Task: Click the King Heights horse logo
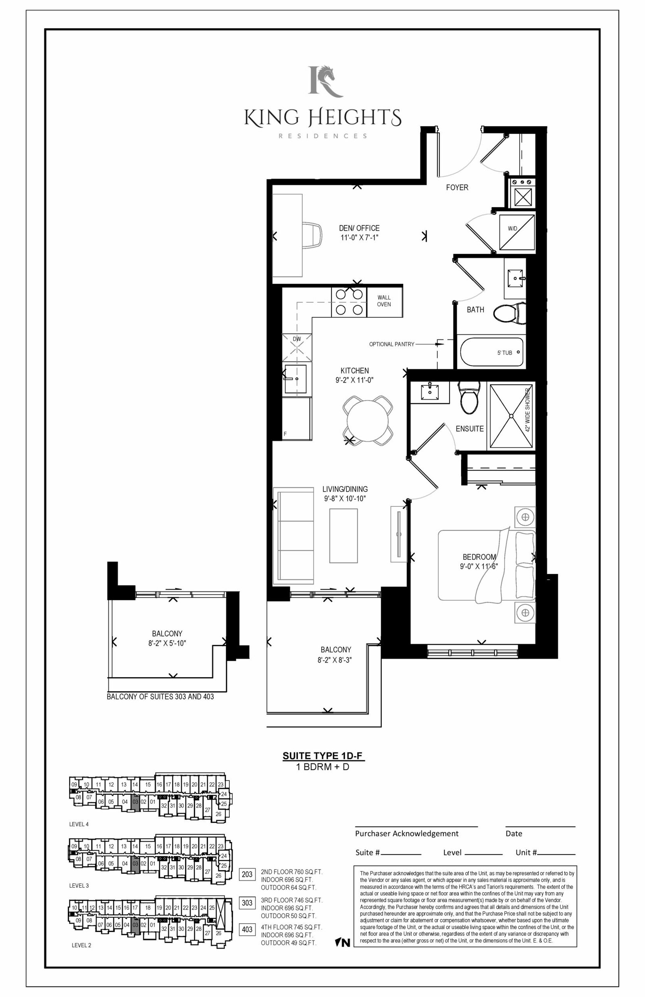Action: tap(325, 81)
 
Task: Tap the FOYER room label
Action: tap(457, 187)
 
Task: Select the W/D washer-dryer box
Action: tap(516, 232)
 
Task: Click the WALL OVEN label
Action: tap(384, 301)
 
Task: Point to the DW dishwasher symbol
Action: tap(297, 347)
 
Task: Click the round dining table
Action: tap(368, 421)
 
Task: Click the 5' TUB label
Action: tap(505, 353)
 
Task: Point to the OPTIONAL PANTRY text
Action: tap(391, 344)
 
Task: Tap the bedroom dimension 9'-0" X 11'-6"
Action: tap(479, 566)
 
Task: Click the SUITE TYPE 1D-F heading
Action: tap(322, 756)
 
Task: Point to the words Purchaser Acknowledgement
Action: tap(407, 833)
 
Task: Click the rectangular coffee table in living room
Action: tap(343, 535)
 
